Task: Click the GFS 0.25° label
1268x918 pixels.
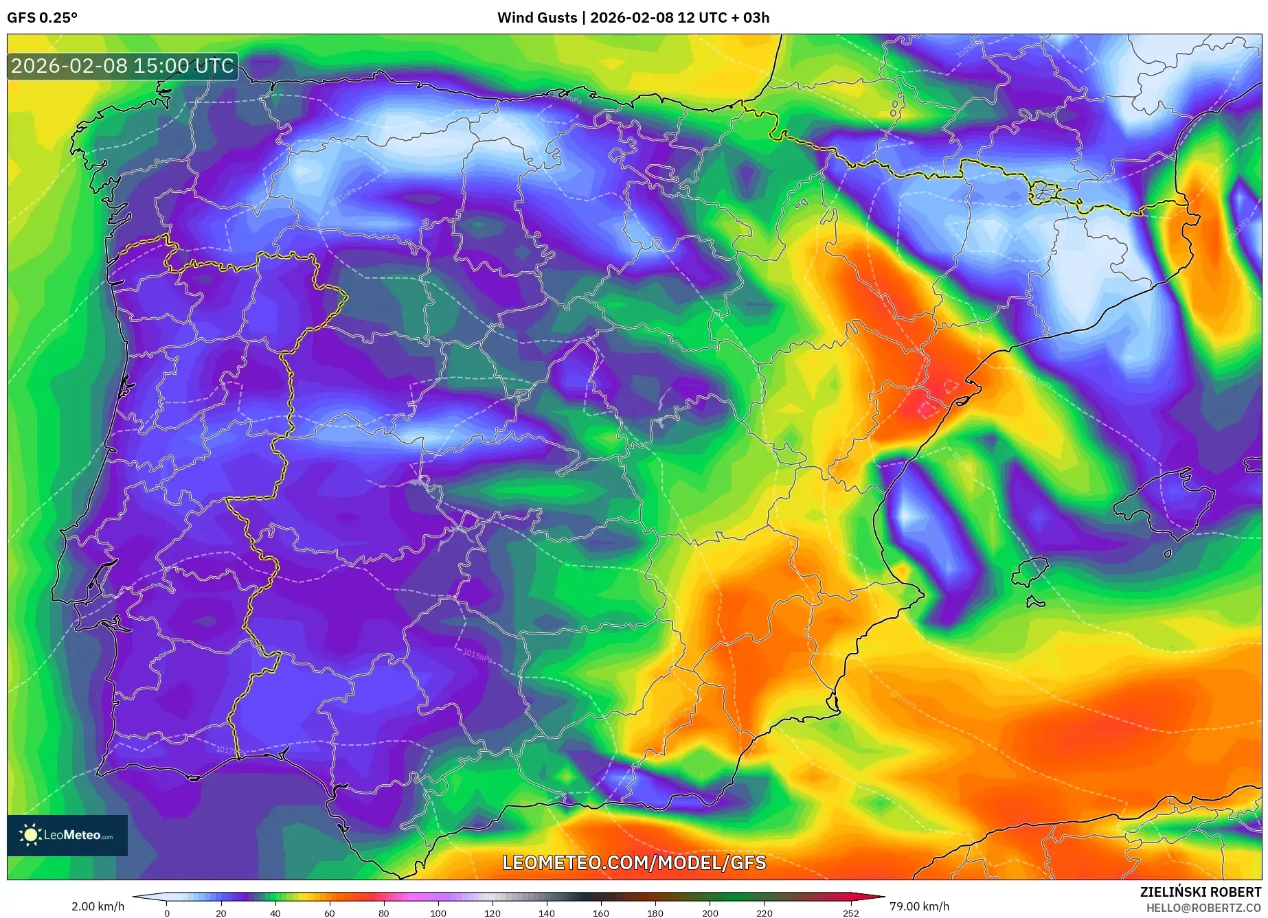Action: coord(43,18)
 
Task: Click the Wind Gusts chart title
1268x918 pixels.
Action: coord(633,18)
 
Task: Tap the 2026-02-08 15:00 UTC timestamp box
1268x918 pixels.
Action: coord(123,67)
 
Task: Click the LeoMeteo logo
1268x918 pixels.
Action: coord(67,835)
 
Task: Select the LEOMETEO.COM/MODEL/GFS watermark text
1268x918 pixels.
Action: coord(634,863)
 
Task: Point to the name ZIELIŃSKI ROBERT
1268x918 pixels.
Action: coord(1201,892)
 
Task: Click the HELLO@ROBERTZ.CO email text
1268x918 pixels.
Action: coord(1203,908)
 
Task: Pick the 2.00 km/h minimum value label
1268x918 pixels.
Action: coord(98,906)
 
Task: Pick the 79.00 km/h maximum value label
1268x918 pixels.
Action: coord(919,906)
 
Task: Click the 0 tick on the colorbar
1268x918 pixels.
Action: coord(166,913)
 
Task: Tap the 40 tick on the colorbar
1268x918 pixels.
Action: coord(275,913)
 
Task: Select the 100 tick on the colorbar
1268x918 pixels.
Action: coord(438,913)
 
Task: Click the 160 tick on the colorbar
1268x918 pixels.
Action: coord(601,913)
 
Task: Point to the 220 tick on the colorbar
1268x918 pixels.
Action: coord(765,913)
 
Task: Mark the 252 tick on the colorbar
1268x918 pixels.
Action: coord(851,913)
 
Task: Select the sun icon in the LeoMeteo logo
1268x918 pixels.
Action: coord(30,835)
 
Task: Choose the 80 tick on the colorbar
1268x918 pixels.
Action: coord(383,913)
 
